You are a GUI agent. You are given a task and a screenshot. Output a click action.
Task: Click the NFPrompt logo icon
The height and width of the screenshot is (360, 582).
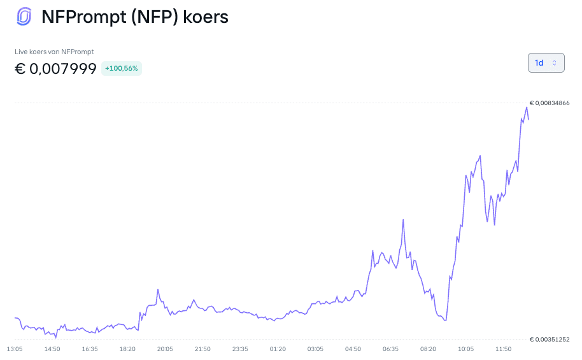(x=24, y=17)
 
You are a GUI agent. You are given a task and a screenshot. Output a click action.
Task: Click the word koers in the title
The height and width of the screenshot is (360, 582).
(x=206, y=17)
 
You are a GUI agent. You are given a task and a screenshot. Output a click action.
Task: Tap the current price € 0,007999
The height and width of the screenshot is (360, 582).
(x=55, y=69)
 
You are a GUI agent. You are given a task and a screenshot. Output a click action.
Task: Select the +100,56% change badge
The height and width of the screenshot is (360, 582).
(x=122, y=68)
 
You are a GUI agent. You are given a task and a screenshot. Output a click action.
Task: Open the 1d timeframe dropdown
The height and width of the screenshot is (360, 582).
(x=546, y=63)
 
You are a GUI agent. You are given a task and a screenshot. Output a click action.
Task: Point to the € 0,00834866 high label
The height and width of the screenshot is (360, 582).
(x=550, y=103)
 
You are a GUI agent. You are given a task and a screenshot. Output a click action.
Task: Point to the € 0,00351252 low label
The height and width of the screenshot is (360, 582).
(x=550, y=339)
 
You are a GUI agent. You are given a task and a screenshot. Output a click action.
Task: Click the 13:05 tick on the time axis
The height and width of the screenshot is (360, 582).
(x=15, y=349)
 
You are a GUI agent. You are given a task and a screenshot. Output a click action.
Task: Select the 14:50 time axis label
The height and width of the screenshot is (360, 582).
(x=52, y=349)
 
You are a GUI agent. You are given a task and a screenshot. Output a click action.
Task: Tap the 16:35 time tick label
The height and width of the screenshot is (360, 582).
(x=90, y=349)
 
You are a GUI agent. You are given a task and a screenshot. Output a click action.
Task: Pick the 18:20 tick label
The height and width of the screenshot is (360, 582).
(x=127, y=349)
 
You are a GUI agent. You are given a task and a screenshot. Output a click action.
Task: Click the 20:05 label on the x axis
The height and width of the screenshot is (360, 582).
(x=165, y=349)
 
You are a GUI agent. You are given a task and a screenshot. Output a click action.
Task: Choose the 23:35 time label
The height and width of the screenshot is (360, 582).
(x=240, y=349)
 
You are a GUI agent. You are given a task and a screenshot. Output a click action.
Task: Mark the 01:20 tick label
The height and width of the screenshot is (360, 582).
(x=278, y=349)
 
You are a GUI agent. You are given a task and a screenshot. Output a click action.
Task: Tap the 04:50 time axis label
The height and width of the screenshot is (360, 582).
(x=353, y=349)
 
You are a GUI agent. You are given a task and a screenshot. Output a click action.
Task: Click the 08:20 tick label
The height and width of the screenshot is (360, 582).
(x=429, y=349)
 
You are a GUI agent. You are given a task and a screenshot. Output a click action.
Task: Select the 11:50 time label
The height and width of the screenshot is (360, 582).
(x=503, y=349)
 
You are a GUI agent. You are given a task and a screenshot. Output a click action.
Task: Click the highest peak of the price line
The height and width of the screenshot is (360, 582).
(x=527, y=108)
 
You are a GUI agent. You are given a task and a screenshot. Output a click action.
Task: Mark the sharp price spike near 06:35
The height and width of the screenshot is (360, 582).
(x=403, y=220)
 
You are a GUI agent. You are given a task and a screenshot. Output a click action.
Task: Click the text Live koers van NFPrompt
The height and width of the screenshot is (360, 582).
(x=54, y=52)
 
